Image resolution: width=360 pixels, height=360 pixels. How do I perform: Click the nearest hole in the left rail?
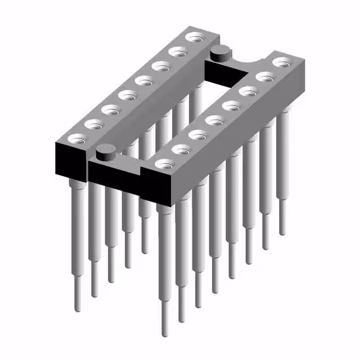pyautogui.click(x=73, y=139)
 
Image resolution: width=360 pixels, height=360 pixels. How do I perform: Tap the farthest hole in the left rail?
pyautogui.click(x=195, y=38)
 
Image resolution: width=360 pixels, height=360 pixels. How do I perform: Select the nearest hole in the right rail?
pyautogui.click(x=163, y=164)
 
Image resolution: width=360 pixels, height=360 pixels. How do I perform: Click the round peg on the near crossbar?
pyautogui.click(x=104, y=151)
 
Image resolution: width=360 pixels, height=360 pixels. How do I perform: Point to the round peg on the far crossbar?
pyautogui.click(x=219, y=53)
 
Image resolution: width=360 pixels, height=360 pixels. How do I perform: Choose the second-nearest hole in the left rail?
pyautogui.click(x=91, y=123)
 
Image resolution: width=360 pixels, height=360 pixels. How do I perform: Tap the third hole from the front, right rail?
pyautogui.click(x=196, y=134)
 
